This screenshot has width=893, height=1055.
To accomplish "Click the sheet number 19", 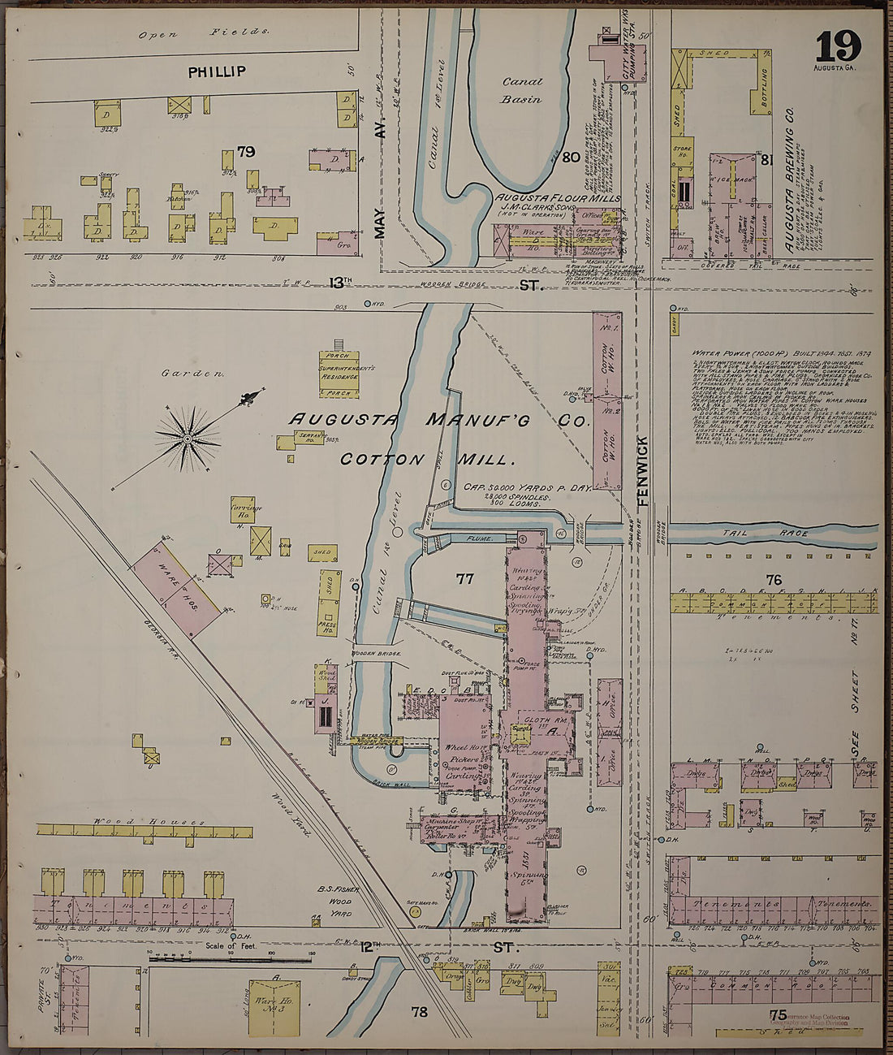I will [838, 46].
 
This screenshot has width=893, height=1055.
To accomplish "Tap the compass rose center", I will [188, 439].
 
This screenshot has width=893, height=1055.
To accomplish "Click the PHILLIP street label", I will [217, 72].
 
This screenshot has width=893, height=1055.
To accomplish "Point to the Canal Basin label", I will [521, 90].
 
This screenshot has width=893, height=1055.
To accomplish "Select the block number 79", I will [246, 152].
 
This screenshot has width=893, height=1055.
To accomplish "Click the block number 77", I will [464, 579].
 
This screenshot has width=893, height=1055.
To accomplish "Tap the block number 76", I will [773, 579].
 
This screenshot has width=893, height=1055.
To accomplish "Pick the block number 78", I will [419, 1012].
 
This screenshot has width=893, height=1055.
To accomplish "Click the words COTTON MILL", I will [428, 460].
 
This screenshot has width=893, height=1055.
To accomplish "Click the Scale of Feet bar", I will [230, 960].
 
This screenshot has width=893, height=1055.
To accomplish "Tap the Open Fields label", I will [203, 33].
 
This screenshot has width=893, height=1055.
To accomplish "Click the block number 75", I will [778, 1014].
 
